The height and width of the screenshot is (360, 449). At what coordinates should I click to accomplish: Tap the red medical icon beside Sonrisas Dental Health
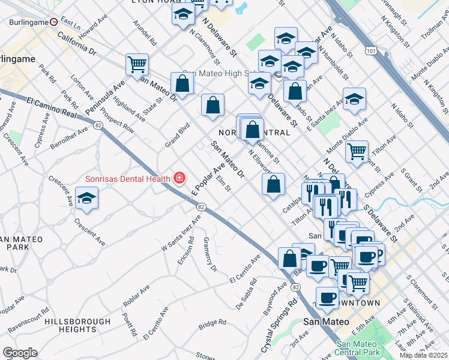[x=179, y=178]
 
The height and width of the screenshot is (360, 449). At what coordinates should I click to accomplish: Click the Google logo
[x=20, y=353]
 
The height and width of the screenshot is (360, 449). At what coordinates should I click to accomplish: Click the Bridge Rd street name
[x=212, y=324]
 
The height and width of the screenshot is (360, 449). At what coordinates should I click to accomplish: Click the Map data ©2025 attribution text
[x=424, y=355]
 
